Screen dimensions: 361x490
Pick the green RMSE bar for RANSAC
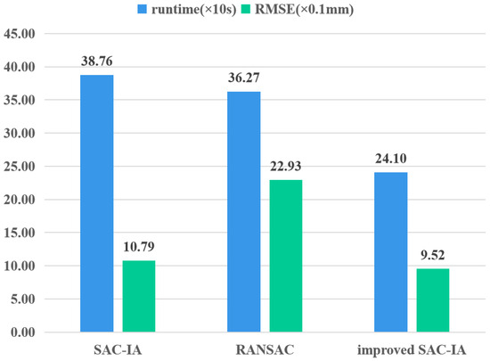click(285, 256)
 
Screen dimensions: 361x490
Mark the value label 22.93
click(285, 169)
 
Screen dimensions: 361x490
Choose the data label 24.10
click(390, 161)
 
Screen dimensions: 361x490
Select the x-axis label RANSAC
click(264, 349)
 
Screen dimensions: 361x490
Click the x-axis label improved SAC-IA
click(411, 349)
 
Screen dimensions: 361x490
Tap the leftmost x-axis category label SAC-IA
click(117, 349)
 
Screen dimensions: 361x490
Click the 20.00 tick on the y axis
click(20, 200)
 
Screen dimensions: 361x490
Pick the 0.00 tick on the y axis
click(22, 332)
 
